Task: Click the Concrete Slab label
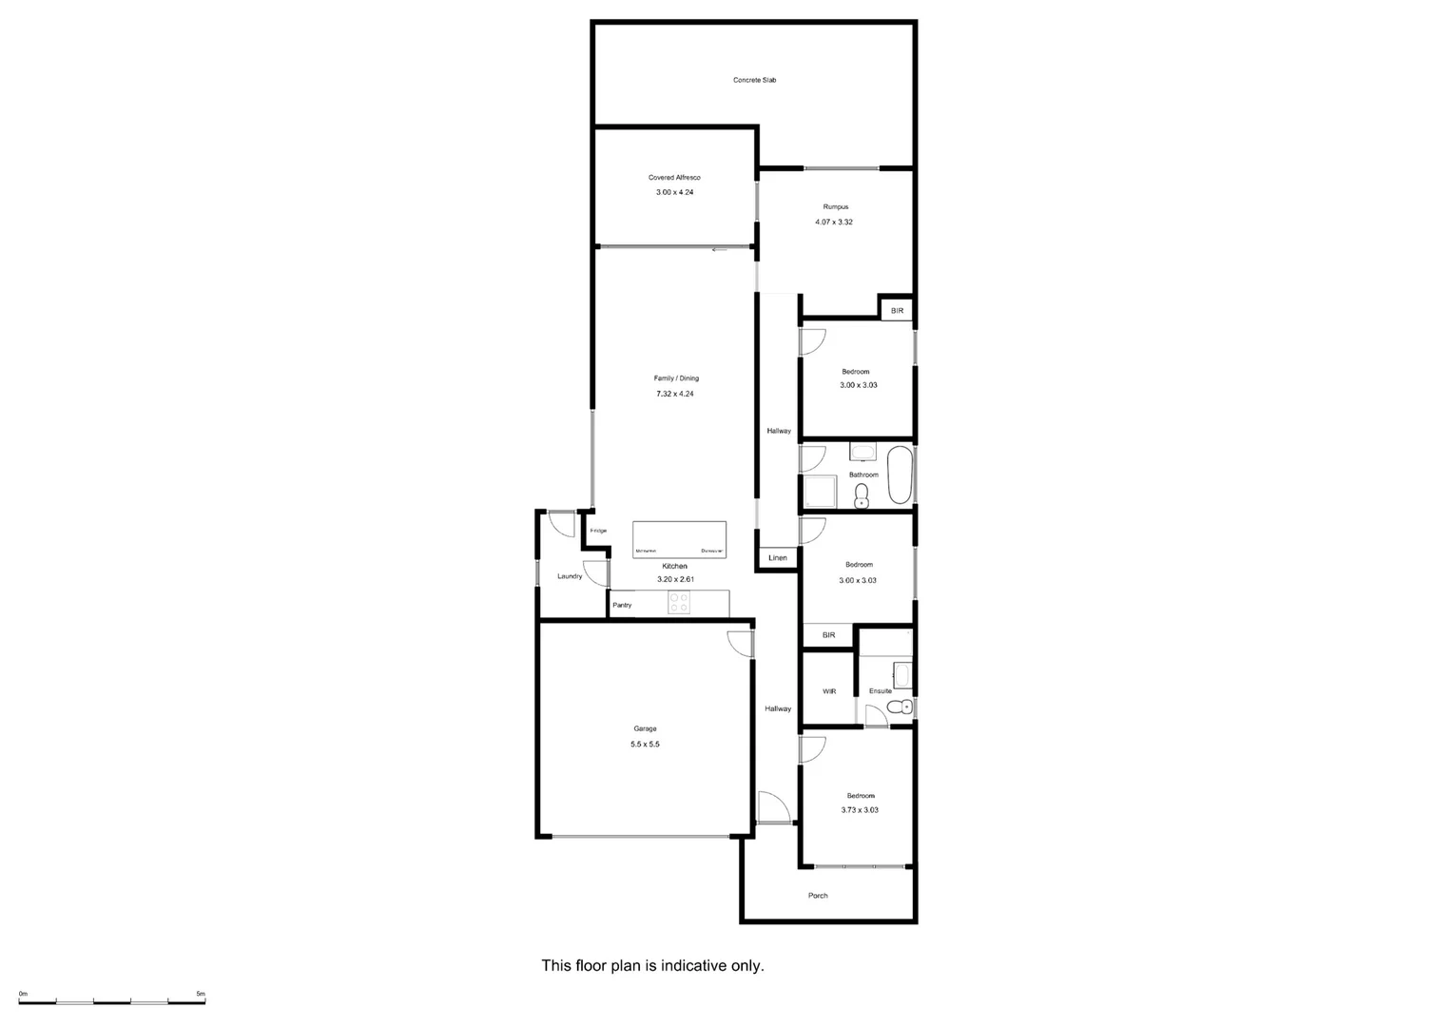click(754, 80)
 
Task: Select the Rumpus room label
click(835, 206)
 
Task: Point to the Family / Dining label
click(676, 378)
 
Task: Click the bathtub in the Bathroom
click(899, 475)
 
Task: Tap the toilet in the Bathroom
click(862, 494)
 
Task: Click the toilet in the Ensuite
click(895, 707)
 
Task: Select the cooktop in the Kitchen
click(679, 603)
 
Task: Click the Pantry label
click(622, 605)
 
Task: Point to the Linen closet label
click(778, 558)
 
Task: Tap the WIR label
click(829, 691)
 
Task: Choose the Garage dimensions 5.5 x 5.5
click(645, 745)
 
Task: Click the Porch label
click(818, 896)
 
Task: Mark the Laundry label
click(570, 576)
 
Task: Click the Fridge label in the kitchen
click(598, 531)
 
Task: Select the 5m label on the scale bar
click(201, 994)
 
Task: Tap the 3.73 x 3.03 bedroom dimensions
click(860, 810)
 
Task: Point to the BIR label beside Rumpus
click(897, 311)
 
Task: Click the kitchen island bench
click(679, 539)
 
